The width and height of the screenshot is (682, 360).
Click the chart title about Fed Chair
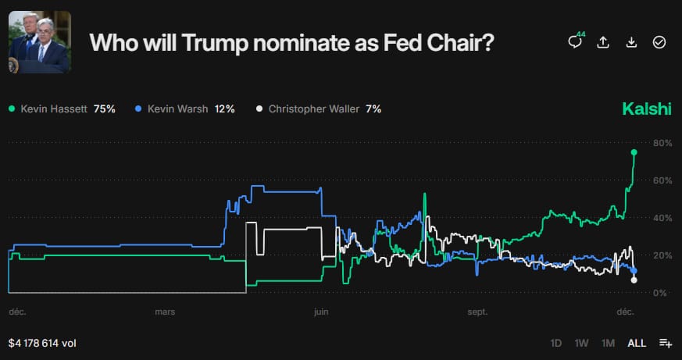click(x=292, y=43)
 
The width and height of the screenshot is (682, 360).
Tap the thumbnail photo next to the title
click(x=40, y=43)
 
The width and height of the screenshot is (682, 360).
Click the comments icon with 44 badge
click(x=575, y=42)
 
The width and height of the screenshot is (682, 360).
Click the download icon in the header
click(x=631, y=42)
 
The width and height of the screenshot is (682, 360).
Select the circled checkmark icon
click(x=659, y=42)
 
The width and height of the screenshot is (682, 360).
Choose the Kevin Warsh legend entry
click(x=184, y=109)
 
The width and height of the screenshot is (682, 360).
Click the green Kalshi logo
click(x=646, y=109)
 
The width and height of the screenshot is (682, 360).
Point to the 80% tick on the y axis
click(x=662, y=143)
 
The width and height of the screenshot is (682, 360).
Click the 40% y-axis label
click(x=662, y=218)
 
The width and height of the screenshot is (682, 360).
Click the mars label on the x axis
click(x=165, y=312)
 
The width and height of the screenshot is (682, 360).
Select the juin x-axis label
click(x=320, y=312)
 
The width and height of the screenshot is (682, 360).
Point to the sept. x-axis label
click(x=477, y=312)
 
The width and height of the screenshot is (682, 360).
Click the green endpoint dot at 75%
click(x=634, y=152)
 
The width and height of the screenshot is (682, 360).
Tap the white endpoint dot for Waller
click(x=634, y=280)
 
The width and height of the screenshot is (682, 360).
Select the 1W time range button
click(x=581, y=343)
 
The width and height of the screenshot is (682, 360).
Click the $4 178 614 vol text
click(x=42, y=343)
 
